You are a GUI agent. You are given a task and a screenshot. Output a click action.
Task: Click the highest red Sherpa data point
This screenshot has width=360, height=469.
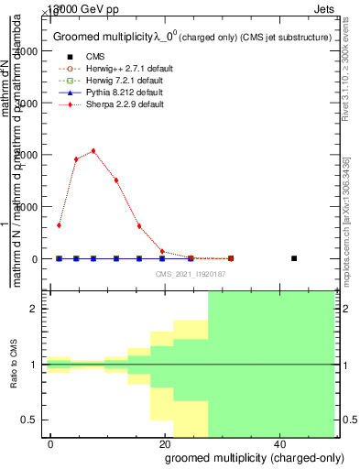coord(93,151)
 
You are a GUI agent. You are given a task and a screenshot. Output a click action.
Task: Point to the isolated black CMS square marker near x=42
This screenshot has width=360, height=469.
coord(294,258)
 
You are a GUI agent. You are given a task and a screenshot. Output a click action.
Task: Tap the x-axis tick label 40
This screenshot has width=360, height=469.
coord(279,443)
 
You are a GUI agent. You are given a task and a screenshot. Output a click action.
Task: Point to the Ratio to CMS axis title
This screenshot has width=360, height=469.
coord(15,365)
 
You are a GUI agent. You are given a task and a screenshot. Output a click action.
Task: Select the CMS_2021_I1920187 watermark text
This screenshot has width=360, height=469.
coord(191,274)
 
